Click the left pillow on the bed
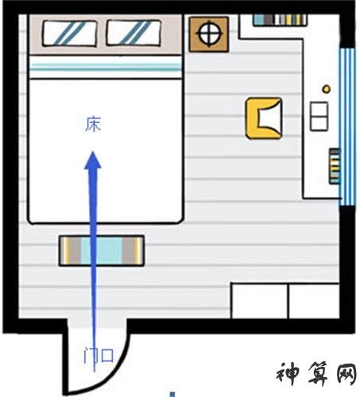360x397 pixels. point(69,33)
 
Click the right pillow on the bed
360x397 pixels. point(134,33)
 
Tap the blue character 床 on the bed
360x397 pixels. point(93,124)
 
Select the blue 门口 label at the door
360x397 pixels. point(99,356)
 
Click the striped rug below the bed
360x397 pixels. point(102,251)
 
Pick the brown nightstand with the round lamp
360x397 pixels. point(209,34)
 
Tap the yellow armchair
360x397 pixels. point(264,118)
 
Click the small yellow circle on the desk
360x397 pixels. point(327,89)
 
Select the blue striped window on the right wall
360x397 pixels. point(347,127)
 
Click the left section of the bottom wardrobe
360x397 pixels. point(259,301)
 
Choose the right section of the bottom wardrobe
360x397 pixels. point(314,301)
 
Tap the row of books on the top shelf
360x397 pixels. point(280,20)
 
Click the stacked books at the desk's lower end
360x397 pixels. point(335,166)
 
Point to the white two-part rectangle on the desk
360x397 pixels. point(319,116)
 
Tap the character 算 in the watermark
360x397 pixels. point(319,373)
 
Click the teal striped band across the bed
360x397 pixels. point(106,67)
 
